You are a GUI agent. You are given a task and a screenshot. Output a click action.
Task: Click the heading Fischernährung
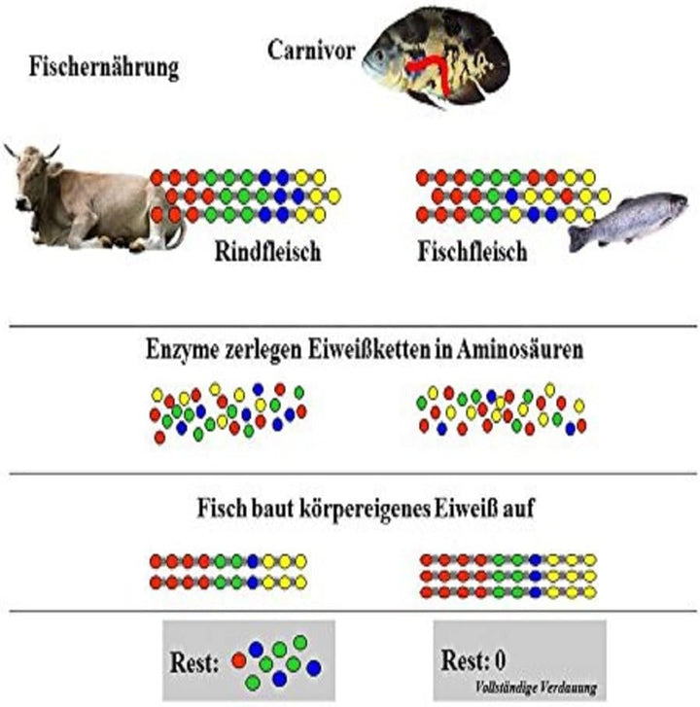(104, 68)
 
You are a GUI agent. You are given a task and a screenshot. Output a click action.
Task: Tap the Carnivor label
(311, 50)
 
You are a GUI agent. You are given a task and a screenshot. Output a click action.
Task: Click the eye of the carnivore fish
(378, 55)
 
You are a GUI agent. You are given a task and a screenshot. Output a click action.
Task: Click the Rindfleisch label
(267, 251)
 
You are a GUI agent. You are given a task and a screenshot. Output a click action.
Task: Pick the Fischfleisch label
(472, 251)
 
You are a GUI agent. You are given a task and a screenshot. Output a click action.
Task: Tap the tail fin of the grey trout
(579, 238)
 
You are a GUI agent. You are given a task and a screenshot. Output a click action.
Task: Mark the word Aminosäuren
(520, 350)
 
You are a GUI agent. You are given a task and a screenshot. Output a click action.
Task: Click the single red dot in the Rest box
(239, 661)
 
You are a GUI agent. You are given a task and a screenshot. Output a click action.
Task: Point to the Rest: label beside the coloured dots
(194, 663)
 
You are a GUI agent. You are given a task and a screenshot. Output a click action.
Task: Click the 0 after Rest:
(500, 660)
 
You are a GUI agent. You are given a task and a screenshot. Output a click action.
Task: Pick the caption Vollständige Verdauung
(536, 688)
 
